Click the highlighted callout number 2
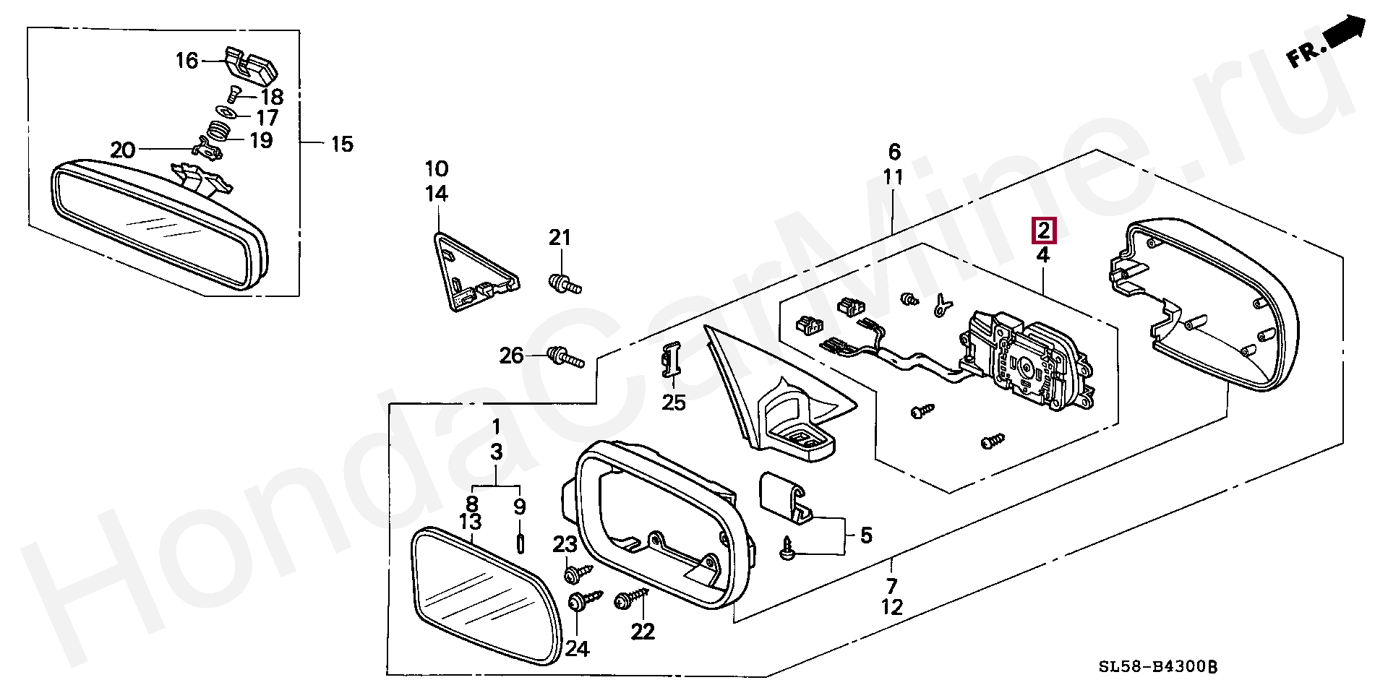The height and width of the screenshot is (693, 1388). [1043, 231]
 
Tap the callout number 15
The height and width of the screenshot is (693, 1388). [342, 144]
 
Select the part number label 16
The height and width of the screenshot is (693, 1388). [187, 61]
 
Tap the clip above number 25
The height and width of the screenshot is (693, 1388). [672, 361]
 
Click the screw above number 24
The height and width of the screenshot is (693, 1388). [585, 600]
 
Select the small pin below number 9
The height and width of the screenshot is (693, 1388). [520, 541]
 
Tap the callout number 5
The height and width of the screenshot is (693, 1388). [865, 535]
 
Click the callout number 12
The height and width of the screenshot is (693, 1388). [892, 607]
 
